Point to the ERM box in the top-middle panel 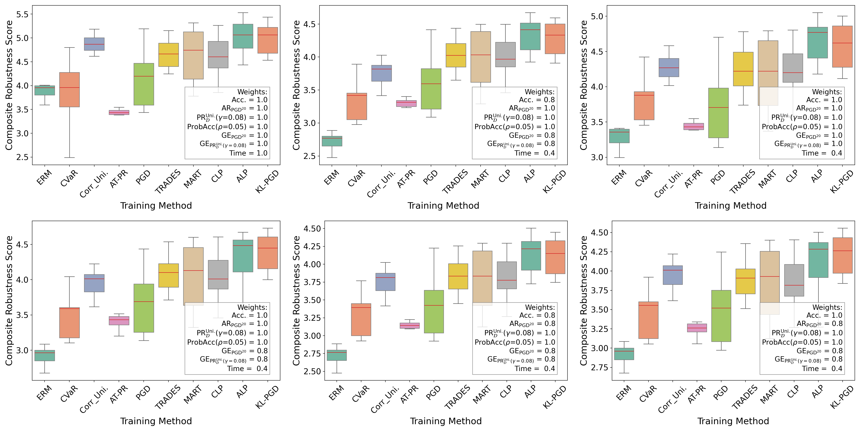click(x=332, y=141)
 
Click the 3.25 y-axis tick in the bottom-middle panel click(x=312, y=318)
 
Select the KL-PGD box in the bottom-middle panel click(x=555, y=257)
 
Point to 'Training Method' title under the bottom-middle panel click(x=446, y=421)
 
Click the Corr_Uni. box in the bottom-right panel click(x=673, y=275)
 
